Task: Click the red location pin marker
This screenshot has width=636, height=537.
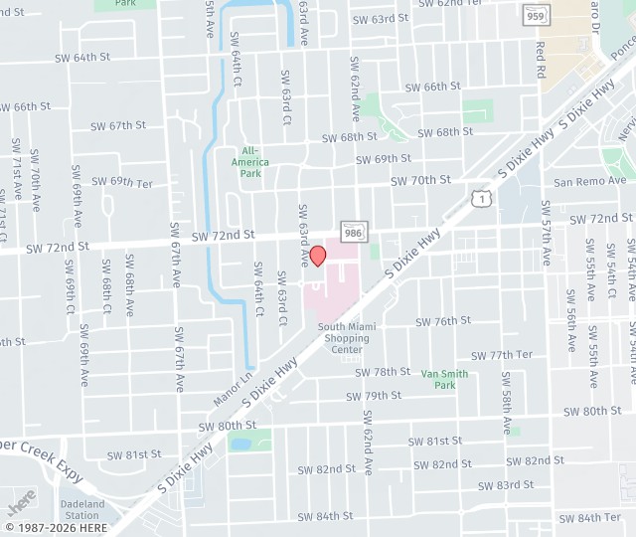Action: tap(318, 256)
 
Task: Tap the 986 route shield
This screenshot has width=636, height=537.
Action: tap(352, 230)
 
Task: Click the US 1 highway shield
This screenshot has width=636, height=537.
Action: tap(481, 200)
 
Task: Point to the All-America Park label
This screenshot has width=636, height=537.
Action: tap(249, 161)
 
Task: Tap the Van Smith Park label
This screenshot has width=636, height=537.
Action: tap(444, 379)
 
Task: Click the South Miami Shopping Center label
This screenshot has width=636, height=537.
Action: tap(345, 338)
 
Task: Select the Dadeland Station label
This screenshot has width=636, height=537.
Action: tap(81, 510)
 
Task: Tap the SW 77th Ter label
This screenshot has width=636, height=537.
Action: tap(502, 355)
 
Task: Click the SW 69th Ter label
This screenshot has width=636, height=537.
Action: tap(122, 182)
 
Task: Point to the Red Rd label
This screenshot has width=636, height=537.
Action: tap(541, 60)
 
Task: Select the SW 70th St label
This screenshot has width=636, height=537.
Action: tap(420, 180)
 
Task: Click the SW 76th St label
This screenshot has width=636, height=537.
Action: tap(443, 321)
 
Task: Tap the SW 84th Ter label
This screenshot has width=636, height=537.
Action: tap(589, 517)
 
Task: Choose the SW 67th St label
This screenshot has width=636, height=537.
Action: tap(118, 125)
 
